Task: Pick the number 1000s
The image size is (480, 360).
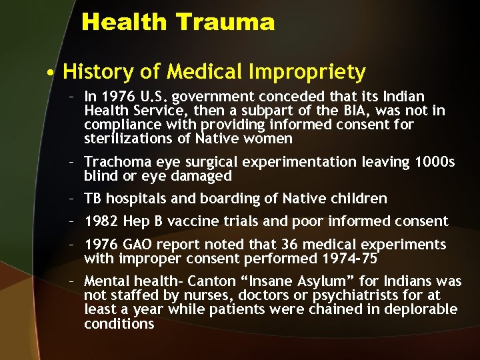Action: coord(433,162)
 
